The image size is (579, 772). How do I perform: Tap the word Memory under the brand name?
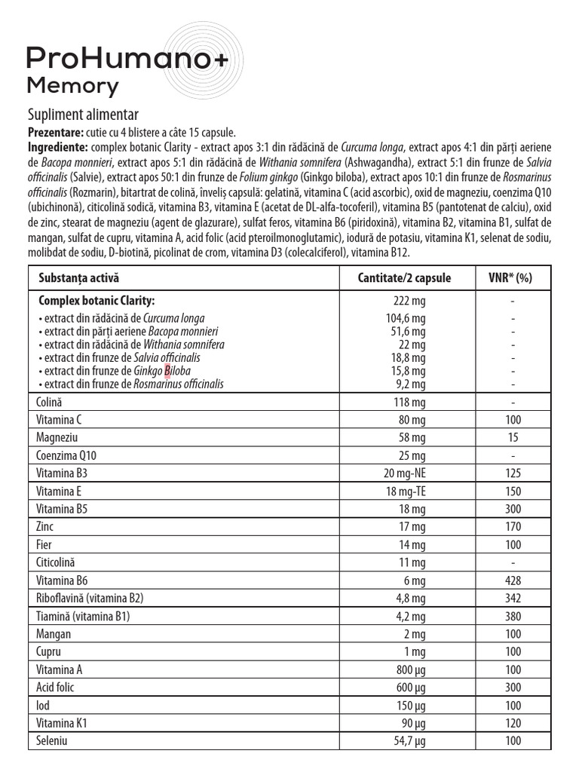(x=72, y=86)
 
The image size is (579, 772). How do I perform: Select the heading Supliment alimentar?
(x=83, y=115)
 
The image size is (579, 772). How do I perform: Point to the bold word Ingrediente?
(x=58, y=146)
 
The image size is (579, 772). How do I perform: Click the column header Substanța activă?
(x=78, y=277)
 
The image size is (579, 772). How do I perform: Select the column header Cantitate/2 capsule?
(x=404, y=277)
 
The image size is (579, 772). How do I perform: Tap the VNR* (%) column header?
(x=513, y=277)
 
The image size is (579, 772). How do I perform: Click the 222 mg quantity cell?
(x=405, y=300)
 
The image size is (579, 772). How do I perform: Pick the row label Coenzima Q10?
(x=66, y=455)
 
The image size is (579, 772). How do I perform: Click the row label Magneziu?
(x=57, y=437)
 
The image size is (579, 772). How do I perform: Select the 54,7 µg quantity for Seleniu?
(x=405, y=742)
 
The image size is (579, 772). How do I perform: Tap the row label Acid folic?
(x=56, y=688)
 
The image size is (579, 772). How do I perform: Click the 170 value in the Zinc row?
(x=513, y=527)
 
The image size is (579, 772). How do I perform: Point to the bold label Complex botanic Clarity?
(x=96, y=300)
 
